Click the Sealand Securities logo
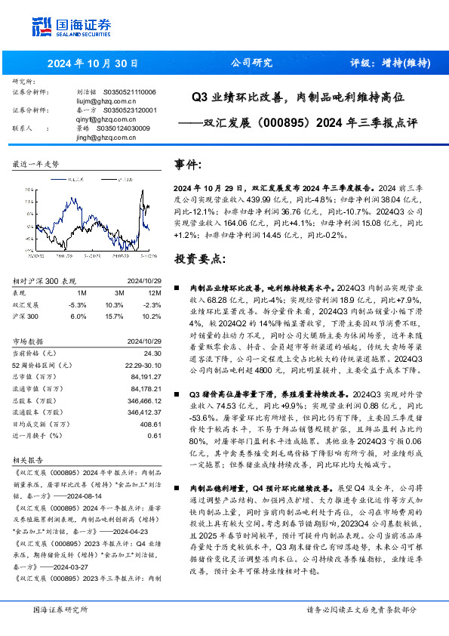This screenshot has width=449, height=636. [x=72, y=28]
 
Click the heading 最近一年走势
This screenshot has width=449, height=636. [x=36, y=164]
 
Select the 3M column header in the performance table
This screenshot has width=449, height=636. [x=119, y=292]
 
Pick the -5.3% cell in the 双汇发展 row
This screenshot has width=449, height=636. [x=78, y=304]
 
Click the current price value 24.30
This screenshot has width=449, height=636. [x=152, y=353]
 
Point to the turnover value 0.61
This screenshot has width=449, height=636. [x=155, y=435]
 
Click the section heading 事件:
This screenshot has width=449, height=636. [x=188, y=164]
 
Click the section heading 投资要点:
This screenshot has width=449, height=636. [x=199, y=259]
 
